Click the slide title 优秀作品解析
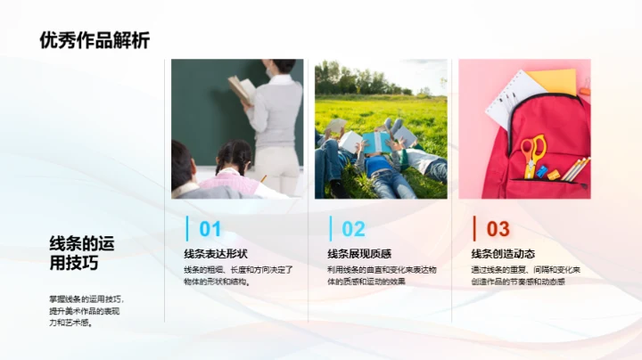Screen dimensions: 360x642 pyautogui.click(x=95, y=40)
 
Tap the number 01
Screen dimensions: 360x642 pyautogui.click(x=210, y=230)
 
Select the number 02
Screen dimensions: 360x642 pyautogui.click(x=354, y=230)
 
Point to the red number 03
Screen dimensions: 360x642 pyautogui.click(x=498, y=230)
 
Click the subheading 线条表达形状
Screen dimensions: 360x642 pyautogui.click(x=216, y=254)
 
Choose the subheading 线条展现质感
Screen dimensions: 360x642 pyautogui.click(x=359, y=254)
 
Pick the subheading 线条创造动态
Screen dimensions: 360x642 pyautogui.click(x=504, y=254)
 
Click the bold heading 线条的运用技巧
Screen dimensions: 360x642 pyautogui.click(x=81, y=254)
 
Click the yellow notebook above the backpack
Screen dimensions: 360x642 pyautogui.click(x=553, y=81)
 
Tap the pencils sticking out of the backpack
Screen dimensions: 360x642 pyautogui.click(x=575, y=168)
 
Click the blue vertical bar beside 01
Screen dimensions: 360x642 pyautogui.click(x=186, y=229)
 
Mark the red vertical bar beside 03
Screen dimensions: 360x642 pyautogui.click(x=474, y=229)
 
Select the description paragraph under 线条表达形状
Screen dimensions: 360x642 pyautogui.click(x=238, y=275)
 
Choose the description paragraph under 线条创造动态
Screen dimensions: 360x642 pyautogui.click(x=526, y=275)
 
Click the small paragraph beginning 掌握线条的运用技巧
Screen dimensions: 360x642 pyautogui.click(x=86, y=311)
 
